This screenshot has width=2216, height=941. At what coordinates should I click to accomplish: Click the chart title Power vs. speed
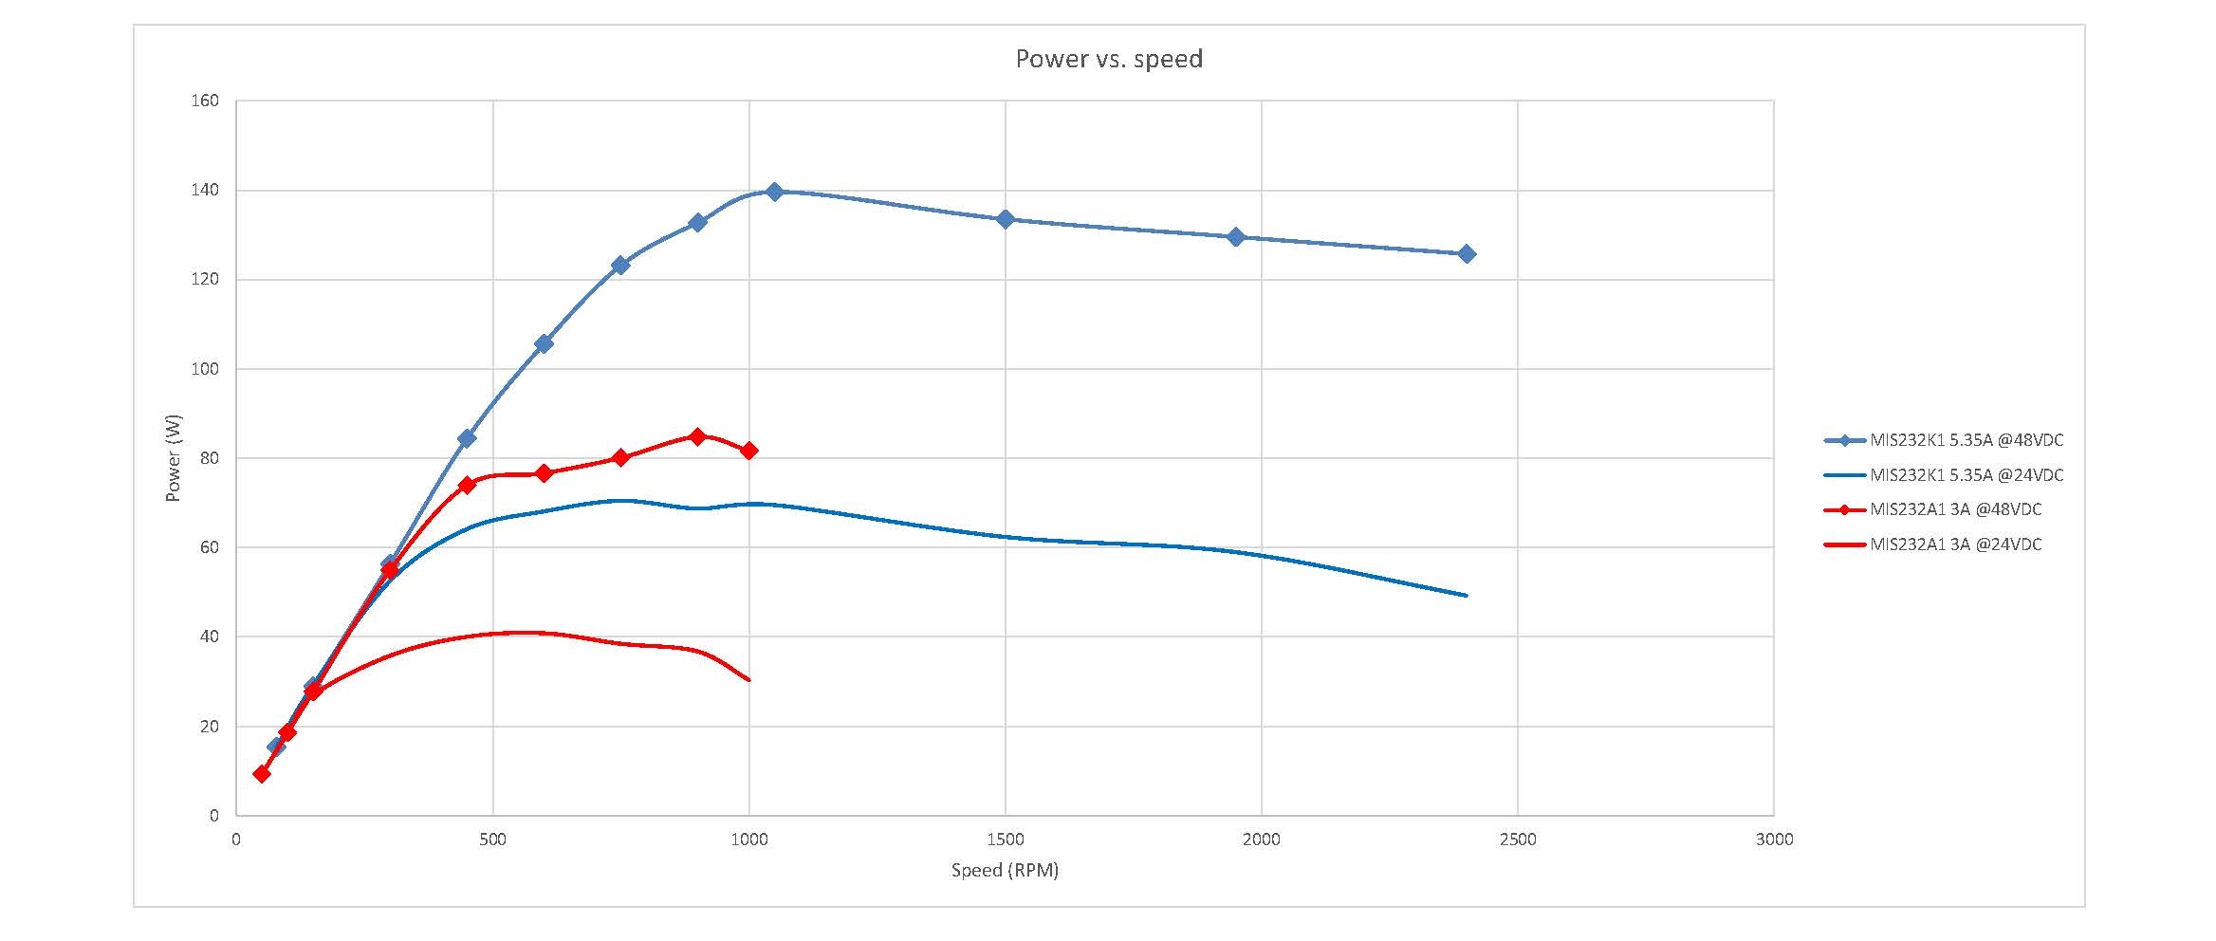point(1108,59)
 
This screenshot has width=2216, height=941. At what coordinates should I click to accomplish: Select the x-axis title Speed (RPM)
point(1005,870)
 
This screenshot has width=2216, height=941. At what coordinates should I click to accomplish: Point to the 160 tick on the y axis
point(205,101)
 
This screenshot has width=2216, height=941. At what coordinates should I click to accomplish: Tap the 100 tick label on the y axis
point(205,369)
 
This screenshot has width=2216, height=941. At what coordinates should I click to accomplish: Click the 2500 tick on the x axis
point(1517,840)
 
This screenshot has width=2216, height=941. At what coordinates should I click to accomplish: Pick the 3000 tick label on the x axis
point(1773,840)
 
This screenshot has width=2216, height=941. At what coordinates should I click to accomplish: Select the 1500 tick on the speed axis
point(1005,840)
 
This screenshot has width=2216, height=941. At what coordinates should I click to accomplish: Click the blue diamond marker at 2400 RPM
point(1466,254)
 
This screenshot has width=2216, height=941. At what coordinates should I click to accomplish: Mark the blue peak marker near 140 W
point(774,192)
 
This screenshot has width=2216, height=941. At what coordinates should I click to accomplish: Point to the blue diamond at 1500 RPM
point(1005,219)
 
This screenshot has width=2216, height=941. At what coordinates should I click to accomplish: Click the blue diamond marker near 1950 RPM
point(1235,237)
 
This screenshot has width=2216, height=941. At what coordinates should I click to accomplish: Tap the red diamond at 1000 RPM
point(748,451)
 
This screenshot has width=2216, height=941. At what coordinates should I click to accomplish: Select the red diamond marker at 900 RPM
point(697,436)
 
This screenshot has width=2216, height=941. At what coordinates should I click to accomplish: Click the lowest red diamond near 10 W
point(262,774)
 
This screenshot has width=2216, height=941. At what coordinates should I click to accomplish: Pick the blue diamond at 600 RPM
point(544,343)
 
